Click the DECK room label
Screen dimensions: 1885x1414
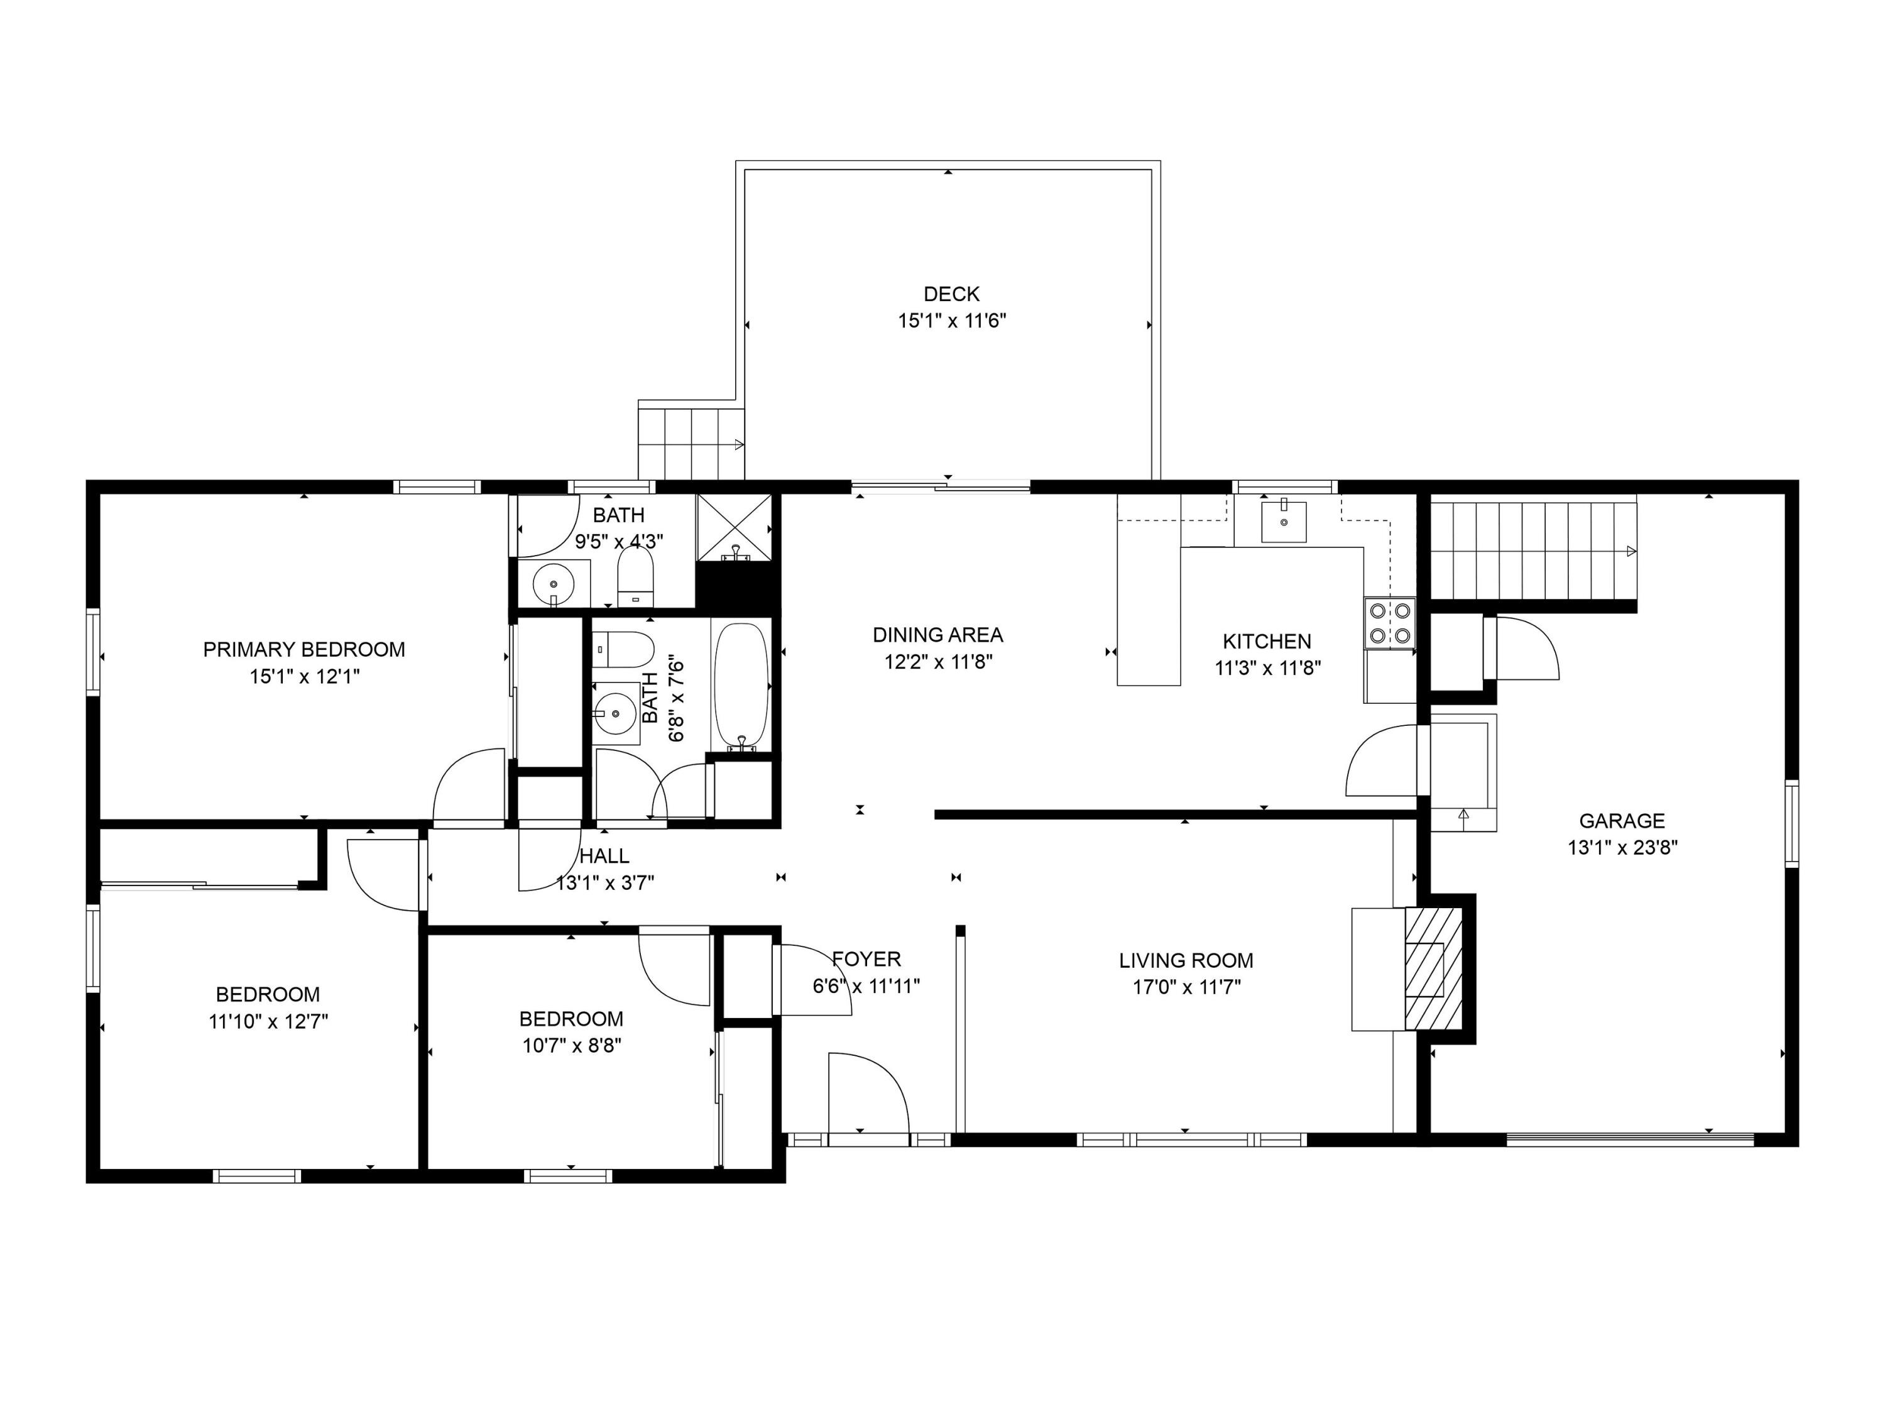click(x=952, y=294)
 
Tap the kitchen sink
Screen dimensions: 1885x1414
click(x=1283, y=522)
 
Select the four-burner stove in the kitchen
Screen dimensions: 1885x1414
click(x=1390, y=623)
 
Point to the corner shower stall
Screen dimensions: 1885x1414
click(x=735, y=528)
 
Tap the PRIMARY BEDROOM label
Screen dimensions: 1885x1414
click(x=304, y=649)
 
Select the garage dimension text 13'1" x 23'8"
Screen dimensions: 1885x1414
click(x=1622, y=847)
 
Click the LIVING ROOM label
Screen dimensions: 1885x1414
click(x=1186, y=960)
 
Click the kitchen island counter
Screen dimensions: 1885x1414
click(x=1149, y=590)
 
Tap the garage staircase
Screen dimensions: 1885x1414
click(x=1533, y=551)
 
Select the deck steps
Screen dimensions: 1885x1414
click(x=692, y=443)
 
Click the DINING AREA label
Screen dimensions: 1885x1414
click(x=938, y=635)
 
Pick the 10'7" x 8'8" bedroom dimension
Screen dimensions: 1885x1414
click(x=572, y=1045)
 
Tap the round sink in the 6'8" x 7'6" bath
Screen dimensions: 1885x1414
click(x=615, y=711)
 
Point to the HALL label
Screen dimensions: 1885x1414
click(x=604, y=856)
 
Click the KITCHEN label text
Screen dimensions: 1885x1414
click(x=1267, y=641)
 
